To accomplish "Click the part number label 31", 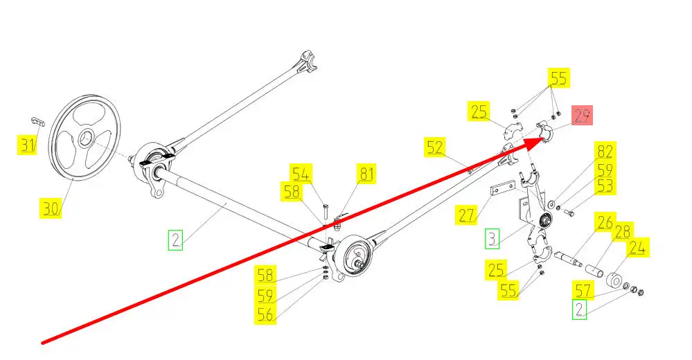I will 26,145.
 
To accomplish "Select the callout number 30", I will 51,207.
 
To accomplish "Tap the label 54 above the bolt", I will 302,172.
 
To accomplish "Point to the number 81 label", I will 366,173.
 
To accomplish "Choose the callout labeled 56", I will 265,314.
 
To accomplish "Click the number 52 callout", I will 434,147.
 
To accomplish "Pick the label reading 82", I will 605,152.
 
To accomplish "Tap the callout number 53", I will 605,186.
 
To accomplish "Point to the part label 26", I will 605,223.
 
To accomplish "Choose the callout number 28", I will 623,231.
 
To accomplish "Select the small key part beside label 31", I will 39,122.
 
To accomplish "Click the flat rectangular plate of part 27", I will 504,188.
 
